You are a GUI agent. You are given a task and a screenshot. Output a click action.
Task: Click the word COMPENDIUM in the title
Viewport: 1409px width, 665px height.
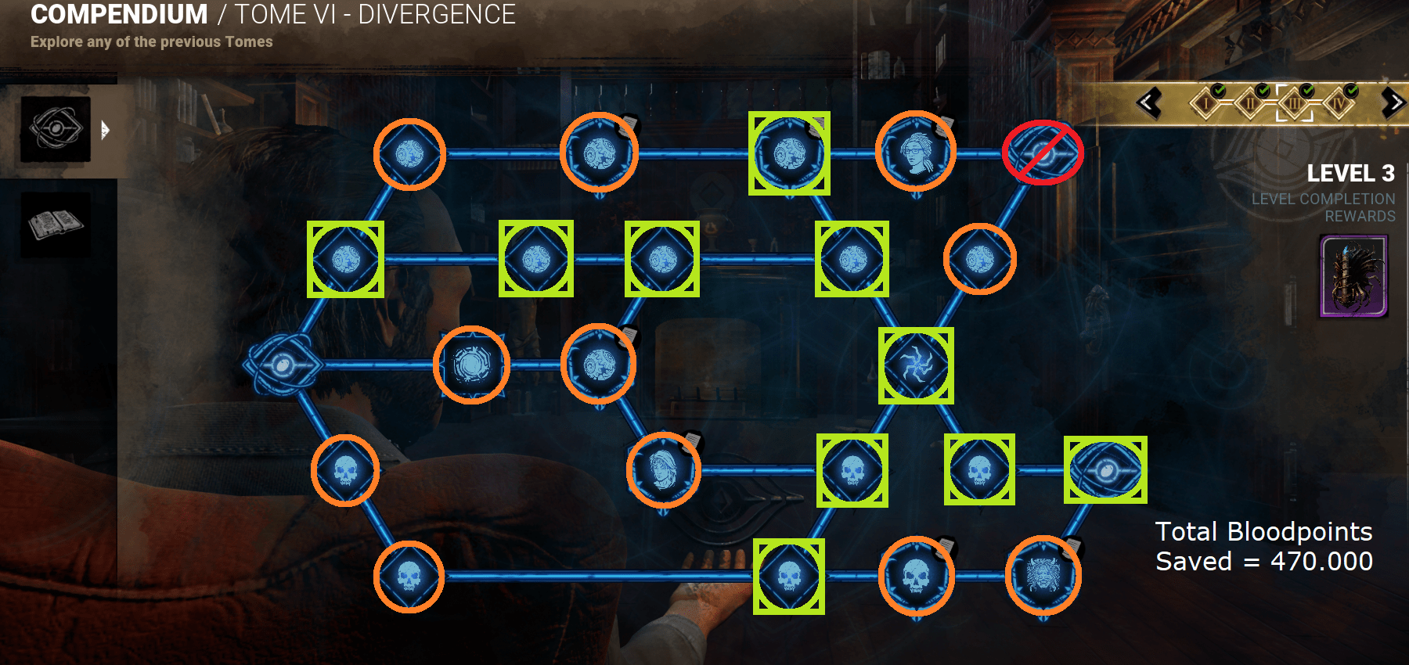click(x=119, y=15)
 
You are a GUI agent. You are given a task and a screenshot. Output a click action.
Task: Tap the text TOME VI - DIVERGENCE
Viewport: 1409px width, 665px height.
click(x=375, y=15)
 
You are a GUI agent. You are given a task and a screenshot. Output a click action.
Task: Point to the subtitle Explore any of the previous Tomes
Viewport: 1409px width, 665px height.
click(x=151, y=42)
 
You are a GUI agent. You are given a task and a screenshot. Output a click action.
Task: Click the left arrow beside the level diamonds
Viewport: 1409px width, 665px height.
click(x=1149, y=103)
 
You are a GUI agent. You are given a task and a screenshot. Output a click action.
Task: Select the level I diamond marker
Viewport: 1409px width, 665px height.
click(x=1207, y=103)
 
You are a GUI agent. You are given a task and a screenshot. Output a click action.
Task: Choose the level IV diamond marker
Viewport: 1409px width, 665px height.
click(x=1339, y=103)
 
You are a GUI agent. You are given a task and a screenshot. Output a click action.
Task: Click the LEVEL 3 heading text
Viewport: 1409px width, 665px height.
click(x=1350, y=173)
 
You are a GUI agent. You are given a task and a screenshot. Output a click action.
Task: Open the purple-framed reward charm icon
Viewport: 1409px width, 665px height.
click(x=1353, y=277)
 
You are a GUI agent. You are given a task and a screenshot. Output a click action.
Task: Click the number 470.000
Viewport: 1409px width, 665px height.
click(x=1321, y=562)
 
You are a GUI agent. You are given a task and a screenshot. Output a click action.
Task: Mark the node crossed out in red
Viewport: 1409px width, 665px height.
click(x=1043, y=153)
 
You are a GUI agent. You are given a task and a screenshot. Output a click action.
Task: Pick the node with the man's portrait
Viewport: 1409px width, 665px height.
click(x=663, y=470)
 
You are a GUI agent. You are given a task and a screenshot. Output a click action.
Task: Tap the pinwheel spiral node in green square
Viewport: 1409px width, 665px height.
click(x=915, y=365)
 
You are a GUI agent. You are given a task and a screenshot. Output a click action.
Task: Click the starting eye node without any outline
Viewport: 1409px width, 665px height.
click(x=283, y=365)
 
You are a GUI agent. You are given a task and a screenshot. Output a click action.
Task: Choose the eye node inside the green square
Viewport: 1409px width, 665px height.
click(x=1105, y=470)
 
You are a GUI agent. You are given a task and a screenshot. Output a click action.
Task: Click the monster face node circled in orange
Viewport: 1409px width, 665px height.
click(x=1043, y=576)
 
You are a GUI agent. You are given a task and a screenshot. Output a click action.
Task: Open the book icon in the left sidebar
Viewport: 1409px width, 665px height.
click(x=56, y=225)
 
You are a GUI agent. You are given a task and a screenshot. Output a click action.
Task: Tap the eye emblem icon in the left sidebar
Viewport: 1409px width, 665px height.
click(x=56, y=129)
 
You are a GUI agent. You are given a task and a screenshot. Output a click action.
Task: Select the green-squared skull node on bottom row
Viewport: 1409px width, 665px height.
click(x=789, y=577)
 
